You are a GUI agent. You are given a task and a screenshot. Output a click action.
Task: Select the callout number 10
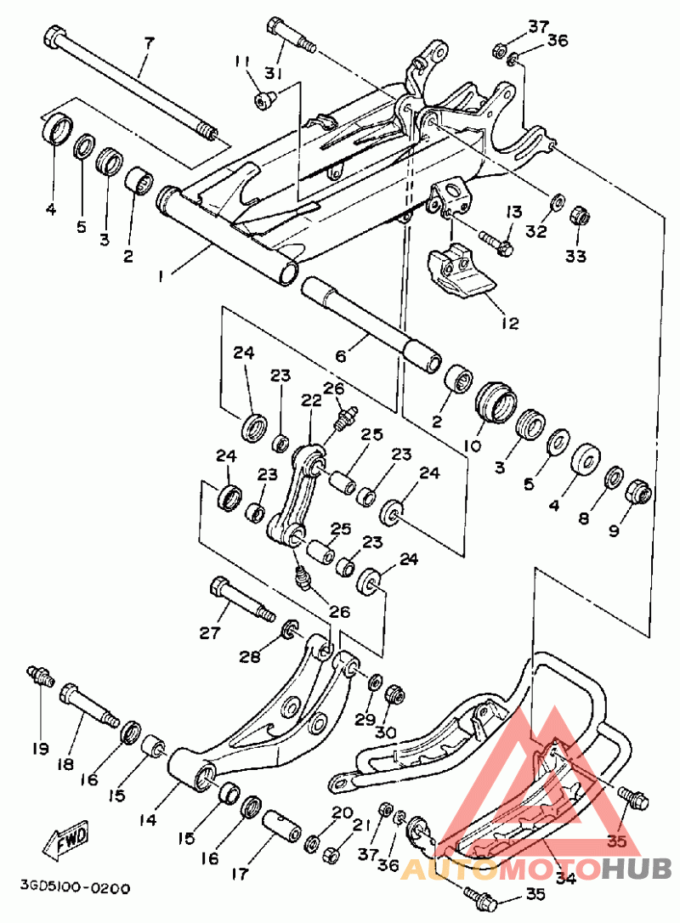(472, 445)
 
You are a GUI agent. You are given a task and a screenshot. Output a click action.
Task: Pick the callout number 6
(341, 357)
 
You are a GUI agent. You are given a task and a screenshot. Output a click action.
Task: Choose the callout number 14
(148, 820)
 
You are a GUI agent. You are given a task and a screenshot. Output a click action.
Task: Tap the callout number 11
(243, 61)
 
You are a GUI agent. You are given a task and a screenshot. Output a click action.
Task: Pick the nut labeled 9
(638, 493)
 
